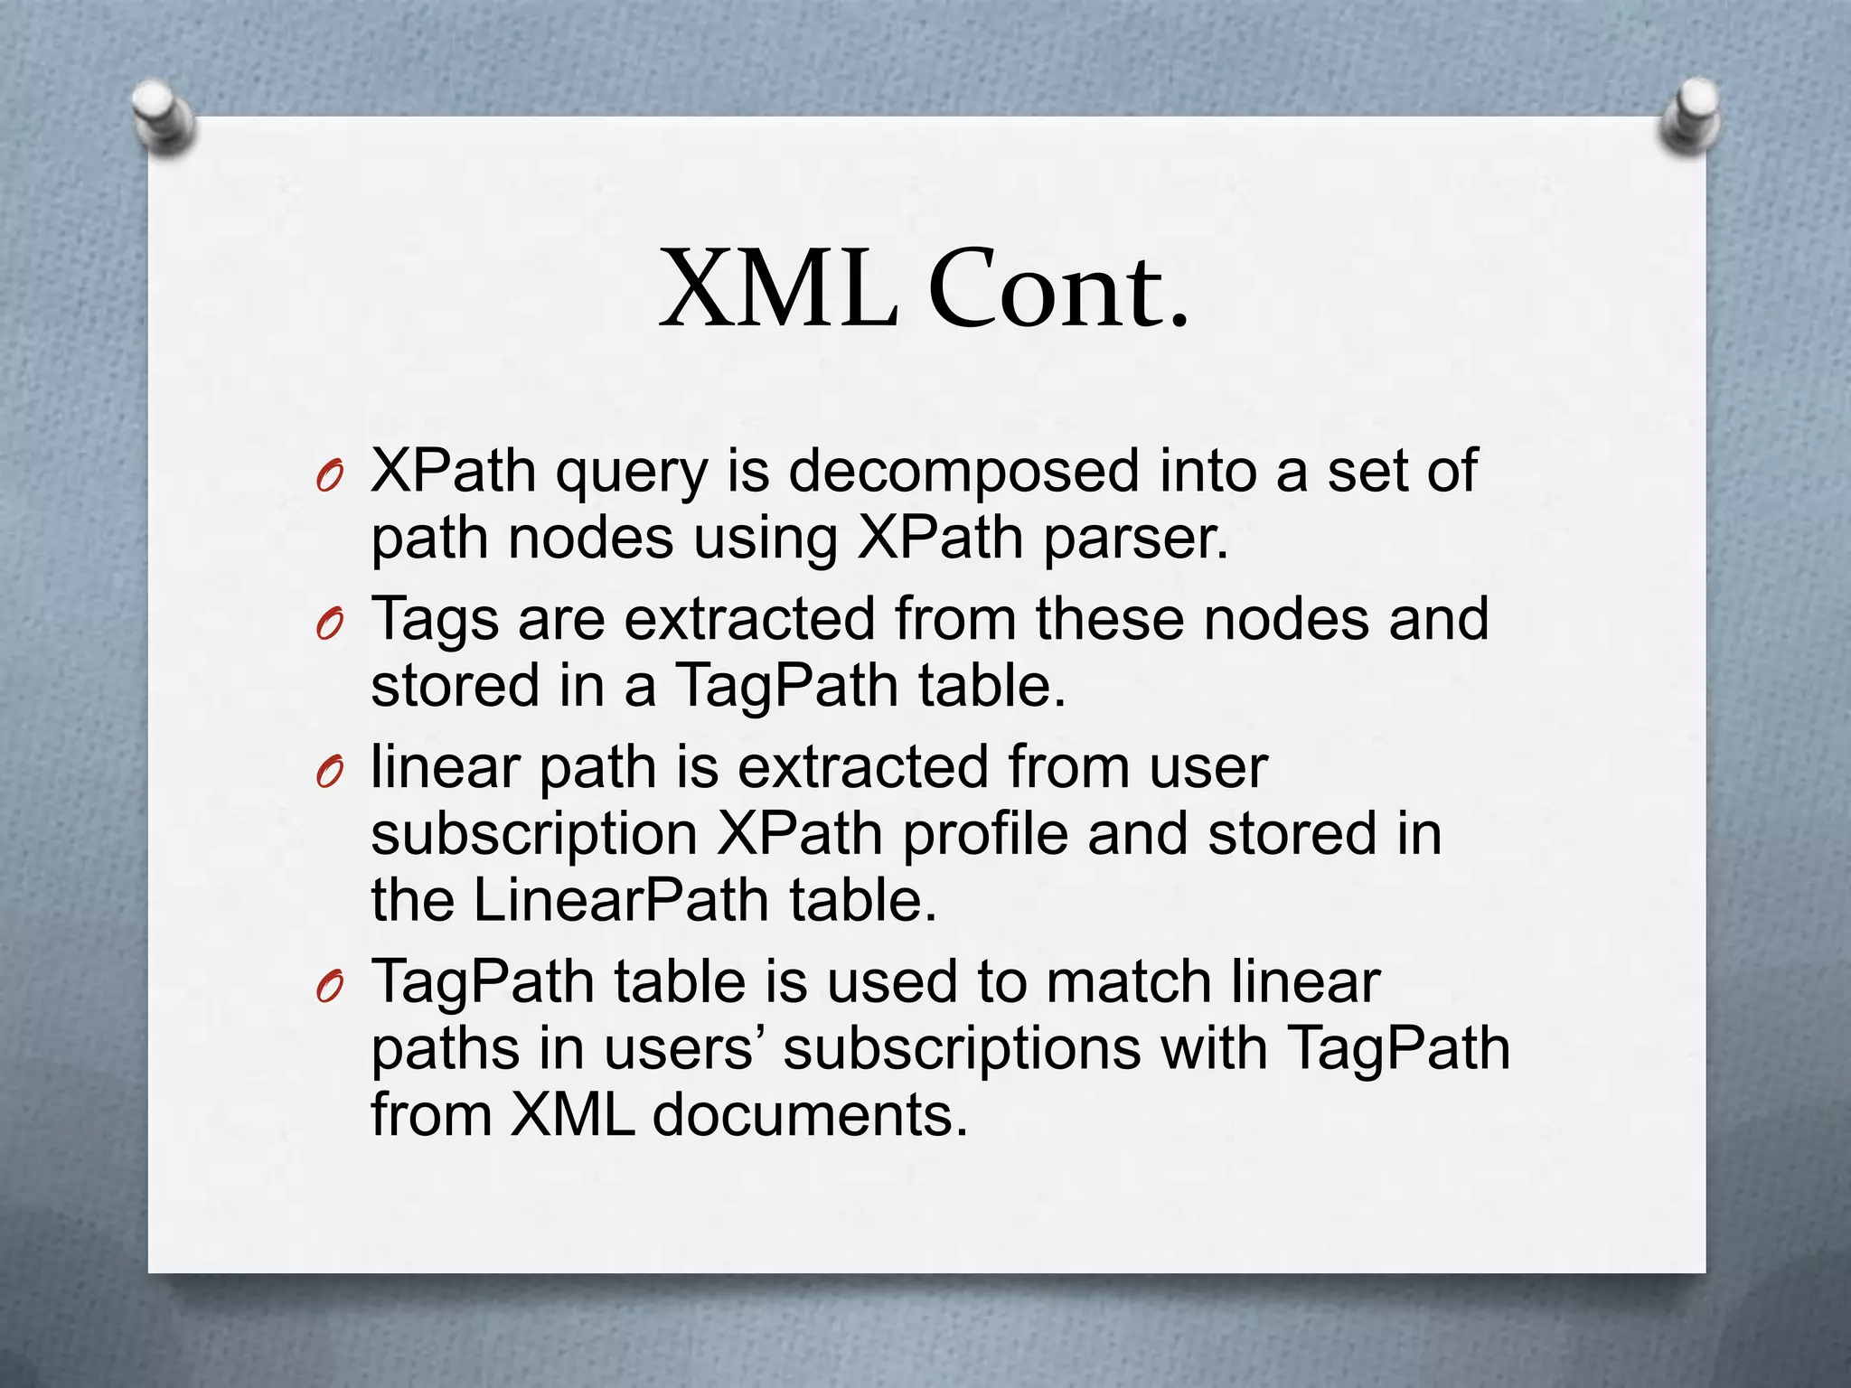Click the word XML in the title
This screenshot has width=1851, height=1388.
point(779,290)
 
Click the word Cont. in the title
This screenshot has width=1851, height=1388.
point(1058,290)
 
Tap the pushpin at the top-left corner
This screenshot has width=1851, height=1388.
point(161,115)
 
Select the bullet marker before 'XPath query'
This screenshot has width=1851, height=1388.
point(330,476)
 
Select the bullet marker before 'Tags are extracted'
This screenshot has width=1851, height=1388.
point(330,624)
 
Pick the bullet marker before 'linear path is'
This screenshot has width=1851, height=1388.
point(330,772)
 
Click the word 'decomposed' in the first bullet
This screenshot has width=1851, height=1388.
point(963,472)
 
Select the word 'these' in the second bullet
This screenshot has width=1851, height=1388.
point(1110,620)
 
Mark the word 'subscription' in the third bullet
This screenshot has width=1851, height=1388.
point(533,835)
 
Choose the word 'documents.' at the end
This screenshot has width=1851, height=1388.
point(810,1115)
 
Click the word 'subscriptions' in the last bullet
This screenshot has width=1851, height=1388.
point(962,1050)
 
